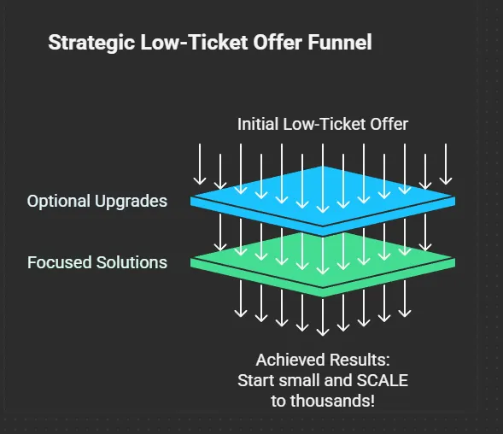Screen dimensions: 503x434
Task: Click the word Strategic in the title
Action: [x=91, y=43]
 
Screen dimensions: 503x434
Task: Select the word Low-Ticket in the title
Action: [x=195, y=42]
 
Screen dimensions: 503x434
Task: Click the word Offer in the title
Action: [x=278, y=42]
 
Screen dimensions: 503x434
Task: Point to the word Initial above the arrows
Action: [x=258, y=124]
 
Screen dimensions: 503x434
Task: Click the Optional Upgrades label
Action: [x=97, y=202]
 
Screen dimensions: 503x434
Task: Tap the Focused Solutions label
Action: [x=97, y=262]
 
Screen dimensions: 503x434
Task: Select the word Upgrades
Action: [x=131, y=202]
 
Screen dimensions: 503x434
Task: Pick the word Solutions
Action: [x=132, y=262]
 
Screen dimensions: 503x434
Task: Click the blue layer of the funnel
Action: [x=323, y=201]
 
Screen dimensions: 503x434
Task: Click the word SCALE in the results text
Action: [x=383, y=380]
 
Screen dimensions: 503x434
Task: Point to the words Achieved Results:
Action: [x=323, y=360]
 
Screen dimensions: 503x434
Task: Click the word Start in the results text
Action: [x=257, y=380]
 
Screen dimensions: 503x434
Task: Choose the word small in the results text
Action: [x=300, y=380]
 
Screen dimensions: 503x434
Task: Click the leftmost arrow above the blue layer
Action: [x=200, y=164]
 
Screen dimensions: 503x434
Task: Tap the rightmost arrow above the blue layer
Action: [x=446, y=164]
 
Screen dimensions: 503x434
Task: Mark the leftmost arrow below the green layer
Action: [x=241, y=299]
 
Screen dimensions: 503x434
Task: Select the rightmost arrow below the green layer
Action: [x=405, y=299]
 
